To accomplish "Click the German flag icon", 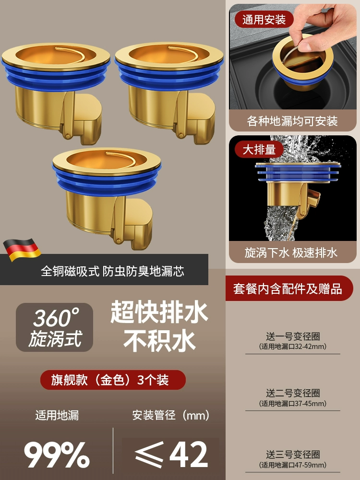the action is (x=22, y=250).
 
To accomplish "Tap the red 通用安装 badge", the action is (x=264, y=20).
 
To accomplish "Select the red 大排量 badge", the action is (x=259, y=150).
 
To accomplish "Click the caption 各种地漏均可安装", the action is (x=292, y=121).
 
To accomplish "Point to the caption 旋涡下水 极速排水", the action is (x=291, y=252).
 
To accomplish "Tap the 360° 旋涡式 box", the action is (x=55, y=327).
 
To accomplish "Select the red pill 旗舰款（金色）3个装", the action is (x=113, y=380).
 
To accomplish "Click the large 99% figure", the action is (x=57, y=455).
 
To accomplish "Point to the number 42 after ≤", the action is (x=189, y=455).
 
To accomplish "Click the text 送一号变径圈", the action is (x=293, y=336).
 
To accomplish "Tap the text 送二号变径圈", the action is (x=293, y=393).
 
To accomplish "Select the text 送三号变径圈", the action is (x=293, y=455).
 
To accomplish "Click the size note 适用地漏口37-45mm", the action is (x=293, y=404).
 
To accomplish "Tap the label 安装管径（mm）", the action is (x=171, y=415).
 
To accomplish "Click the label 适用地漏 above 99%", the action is (x=57, y=415).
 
